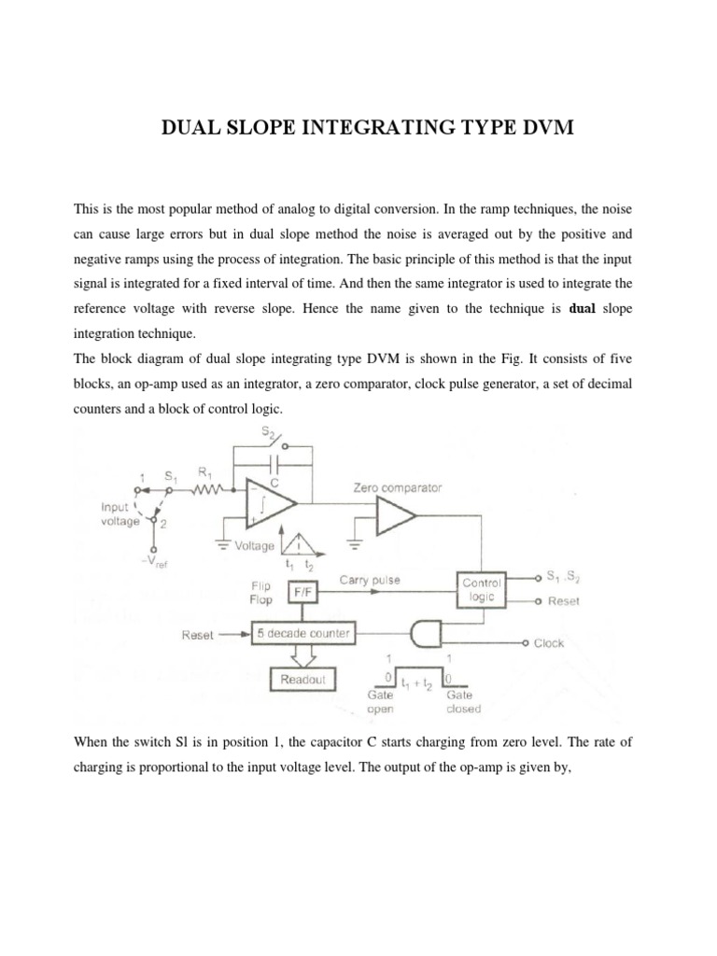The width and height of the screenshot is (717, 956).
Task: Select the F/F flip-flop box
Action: pos(302,591)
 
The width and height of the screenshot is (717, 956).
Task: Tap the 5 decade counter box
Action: pos(303,635)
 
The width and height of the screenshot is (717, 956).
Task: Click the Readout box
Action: pos(303,680)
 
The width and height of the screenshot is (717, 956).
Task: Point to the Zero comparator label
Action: pos(398,486)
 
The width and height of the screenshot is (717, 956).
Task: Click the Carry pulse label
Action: pos(370,580)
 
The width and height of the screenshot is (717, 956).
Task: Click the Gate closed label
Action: pos(463,702)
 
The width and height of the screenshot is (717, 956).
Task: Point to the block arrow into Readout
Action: pos(303,657)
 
